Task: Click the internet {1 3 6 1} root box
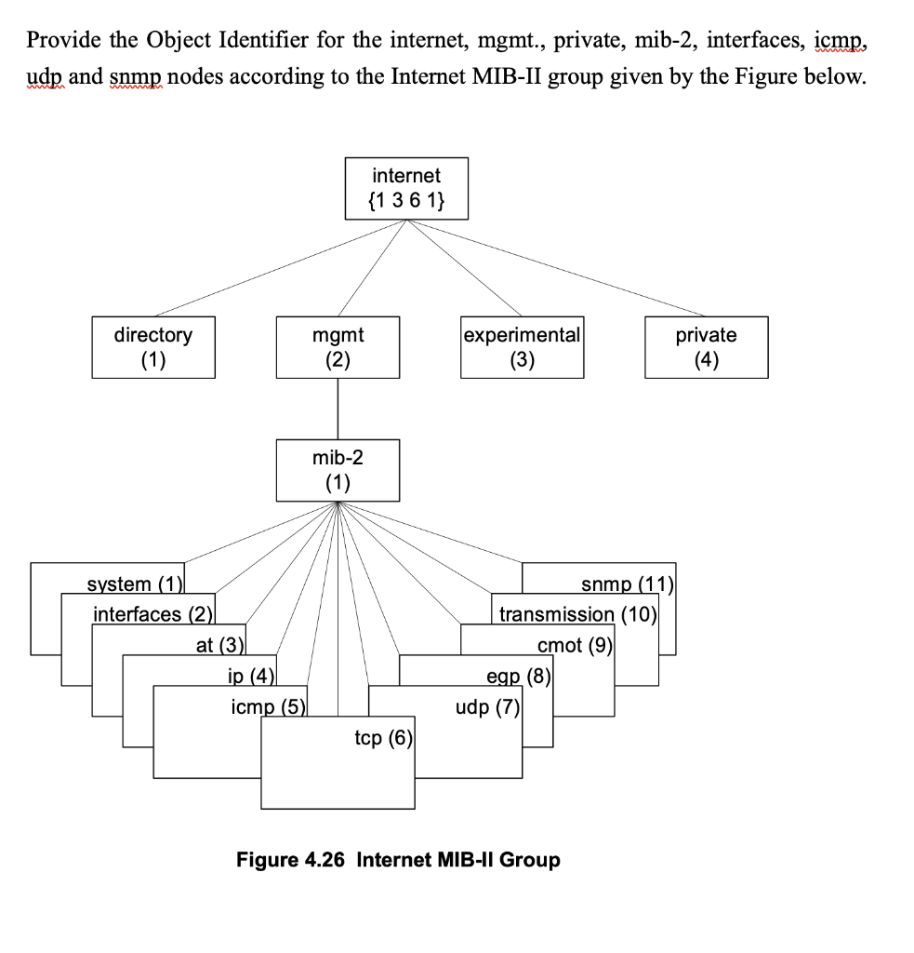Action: [x=406, y=188]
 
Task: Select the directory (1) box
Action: [x=153, y=346]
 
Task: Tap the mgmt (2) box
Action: [x=338, y=346]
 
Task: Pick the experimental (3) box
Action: [x=522, y=346]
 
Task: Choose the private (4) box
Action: [x=706, y=346]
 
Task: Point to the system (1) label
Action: [x=134, y=584]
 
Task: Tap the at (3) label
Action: [x=219, y=645]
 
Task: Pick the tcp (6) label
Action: [x=382, y=738]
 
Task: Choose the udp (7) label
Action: [x=487, y=707]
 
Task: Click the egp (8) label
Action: [x=518, y=677]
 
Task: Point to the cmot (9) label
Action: [x=573, y=645]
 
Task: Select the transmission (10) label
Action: [x=577, y=614]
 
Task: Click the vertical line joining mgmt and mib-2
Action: [x=338, y=409]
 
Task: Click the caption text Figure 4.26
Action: [x=290, y=859]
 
